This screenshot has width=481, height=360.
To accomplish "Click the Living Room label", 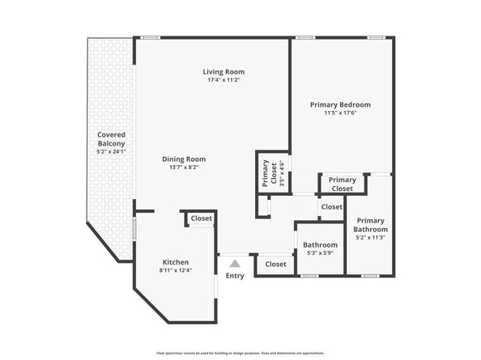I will tap(223, 72).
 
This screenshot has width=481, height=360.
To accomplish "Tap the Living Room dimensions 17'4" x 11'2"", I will tap(223, 80).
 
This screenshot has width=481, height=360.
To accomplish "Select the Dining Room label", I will tap(184, 159).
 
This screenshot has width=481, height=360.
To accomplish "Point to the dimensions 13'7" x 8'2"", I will tap(184, 167).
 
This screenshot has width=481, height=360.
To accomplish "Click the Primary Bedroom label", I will tap(340, 104).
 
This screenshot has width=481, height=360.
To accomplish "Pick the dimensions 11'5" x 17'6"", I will tap(340, 112).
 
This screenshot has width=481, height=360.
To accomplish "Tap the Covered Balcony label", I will tap(111, 139).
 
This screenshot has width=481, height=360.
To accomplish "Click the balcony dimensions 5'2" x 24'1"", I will tap(111, 151).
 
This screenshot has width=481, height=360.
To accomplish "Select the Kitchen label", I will tap(176, 262).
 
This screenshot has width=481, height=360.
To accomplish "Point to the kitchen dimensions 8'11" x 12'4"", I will tap(176, 270).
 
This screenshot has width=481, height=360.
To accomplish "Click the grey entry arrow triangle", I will tap(235, 263).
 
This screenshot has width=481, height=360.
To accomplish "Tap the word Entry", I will tap(235, 276).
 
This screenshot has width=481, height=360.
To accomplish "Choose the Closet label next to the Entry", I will tap(275, 264).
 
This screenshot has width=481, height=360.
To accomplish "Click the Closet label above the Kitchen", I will tap(201, 218).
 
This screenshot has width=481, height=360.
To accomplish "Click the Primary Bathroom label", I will tap(370, 225).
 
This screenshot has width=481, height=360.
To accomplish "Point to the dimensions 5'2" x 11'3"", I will tap(370, 237).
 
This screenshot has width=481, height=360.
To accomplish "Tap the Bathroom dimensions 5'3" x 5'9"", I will tap(320, 253).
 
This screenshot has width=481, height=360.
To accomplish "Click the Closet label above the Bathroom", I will tap(331, 207).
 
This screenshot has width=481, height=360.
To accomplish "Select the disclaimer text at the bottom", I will tap(240, 354).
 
